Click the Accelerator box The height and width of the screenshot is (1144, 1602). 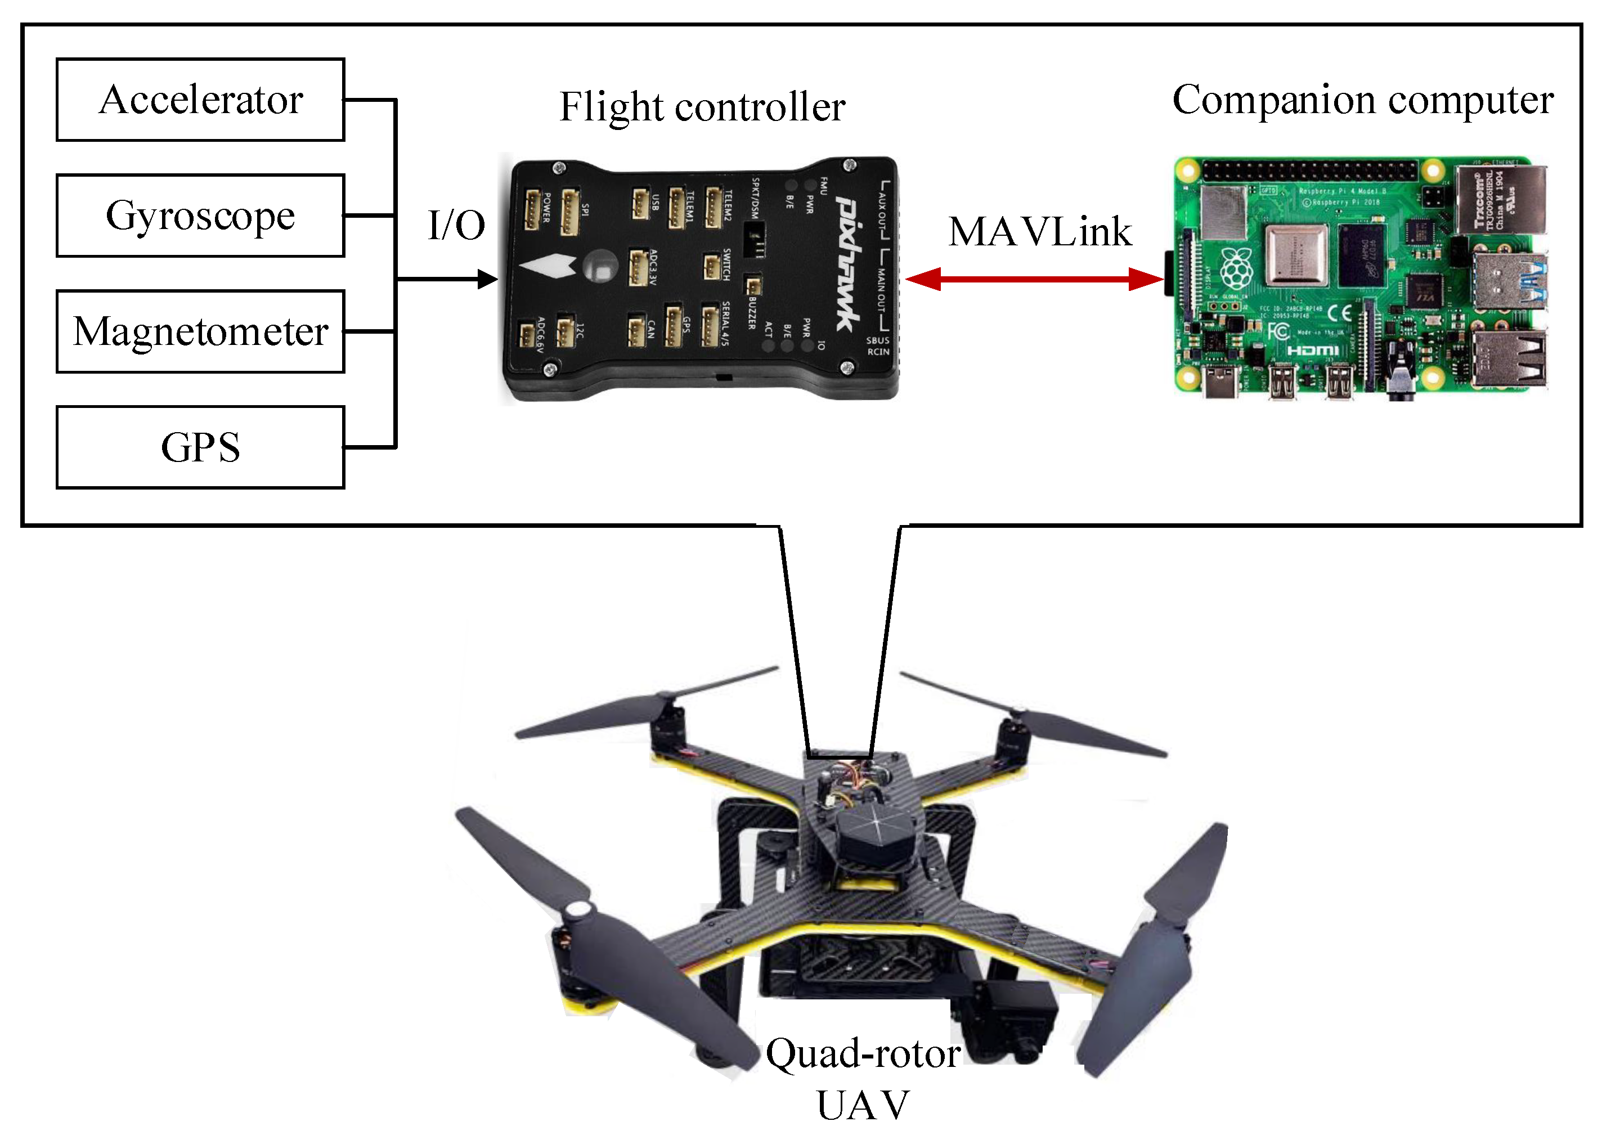(x=200, y=100)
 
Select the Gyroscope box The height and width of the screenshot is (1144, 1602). (x=200, y=216)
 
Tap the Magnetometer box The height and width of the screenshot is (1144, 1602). (x=200, y=331)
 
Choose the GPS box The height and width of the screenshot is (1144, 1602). (x=200, y=447)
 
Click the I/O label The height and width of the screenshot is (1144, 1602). (x=456, y=226)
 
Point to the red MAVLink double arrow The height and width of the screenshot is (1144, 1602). (x=1034, y=279)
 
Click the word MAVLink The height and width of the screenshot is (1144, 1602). (x=1040, y=232)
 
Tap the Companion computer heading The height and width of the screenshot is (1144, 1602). (x=1362, y=100)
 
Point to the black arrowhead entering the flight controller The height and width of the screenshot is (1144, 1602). (x=487, y=280)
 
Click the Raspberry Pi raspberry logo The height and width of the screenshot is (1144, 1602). (x=1236, y=270)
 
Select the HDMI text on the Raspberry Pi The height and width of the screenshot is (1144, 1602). (x=1312, y=350)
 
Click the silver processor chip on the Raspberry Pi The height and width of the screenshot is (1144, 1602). (x=1296, y=254)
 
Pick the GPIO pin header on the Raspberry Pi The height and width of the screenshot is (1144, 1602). (x=1309, y=170)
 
